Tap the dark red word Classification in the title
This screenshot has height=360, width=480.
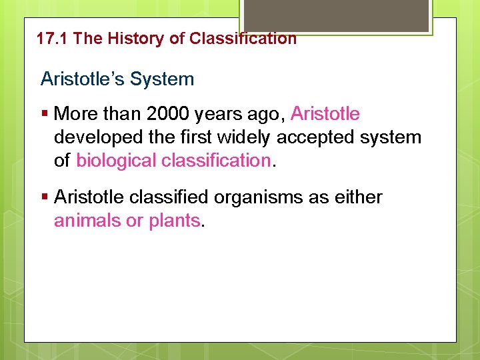[243, 39]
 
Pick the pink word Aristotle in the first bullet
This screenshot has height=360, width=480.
[325, 114]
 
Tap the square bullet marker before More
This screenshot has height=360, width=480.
[44, 114]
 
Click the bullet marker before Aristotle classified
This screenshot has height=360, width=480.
[44, 197]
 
